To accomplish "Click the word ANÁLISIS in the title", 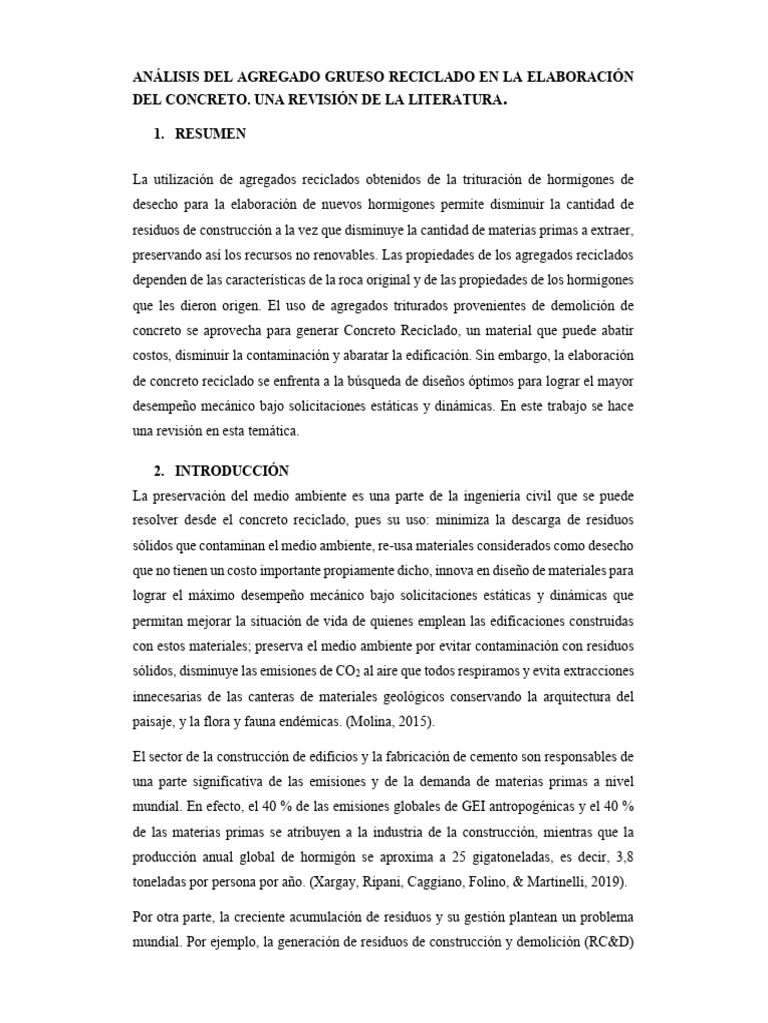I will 171,77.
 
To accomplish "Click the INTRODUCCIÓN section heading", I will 232,470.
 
